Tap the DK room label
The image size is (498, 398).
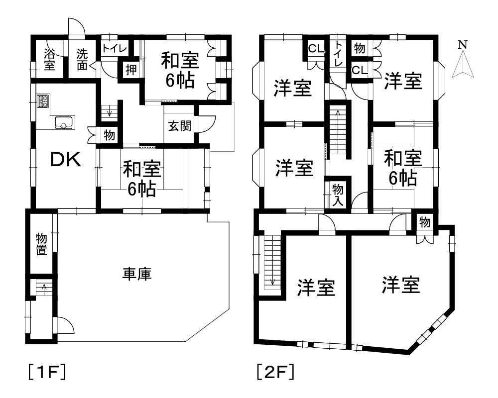coord(66,160)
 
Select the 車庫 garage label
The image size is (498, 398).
coord(137,274)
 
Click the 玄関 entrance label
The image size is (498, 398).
coord(179,126)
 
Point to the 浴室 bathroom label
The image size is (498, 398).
coord(49,59)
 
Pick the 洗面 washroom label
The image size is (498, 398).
coord(82,59)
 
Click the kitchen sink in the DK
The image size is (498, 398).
coord(64,122)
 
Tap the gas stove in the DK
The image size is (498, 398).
coord(43,101)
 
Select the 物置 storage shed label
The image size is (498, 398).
coord(41,244)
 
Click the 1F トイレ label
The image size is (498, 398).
coord(115,49)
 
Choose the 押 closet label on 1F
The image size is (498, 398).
coord(131,70)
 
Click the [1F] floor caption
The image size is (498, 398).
coord(47,372)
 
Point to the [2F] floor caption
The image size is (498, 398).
coord(275,372)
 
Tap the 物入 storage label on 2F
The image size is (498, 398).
coord(338,196)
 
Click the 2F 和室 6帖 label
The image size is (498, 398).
coord(403,168)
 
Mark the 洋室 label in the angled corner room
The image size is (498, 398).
coord(401,285)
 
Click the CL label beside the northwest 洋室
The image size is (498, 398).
coord(316,49)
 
